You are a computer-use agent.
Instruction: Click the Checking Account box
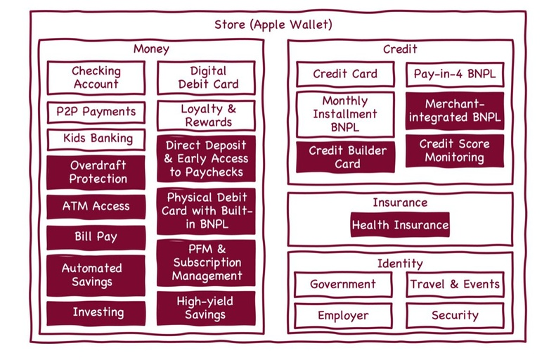[x=96, y=77]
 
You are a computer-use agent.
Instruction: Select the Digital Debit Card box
[x=207, y=77]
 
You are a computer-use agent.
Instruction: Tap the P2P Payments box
[x=96, y=112]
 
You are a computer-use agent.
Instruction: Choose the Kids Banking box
[x=96, y=139]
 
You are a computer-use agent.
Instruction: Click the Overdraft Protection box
[x=96, y=172]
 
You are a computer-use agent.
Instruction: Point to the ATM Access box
[x=96, y=207]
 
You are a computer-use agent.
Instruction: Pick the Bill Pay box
[x=96, y=238]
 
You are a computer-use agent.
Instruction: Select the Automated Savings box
[x=96, y=275]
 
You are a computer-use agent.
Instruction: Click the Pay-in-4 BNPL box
[x=455, y=74]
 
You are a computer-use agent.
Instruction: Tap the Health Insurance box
[x=400, y=226]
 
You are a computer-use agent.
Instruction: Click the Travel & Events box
[x=455, y=285]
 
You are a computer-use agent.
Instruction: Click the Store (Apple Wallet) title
[x=273, y=25]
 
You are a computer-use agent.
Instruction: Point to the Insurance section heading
[x=400, y=202]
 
